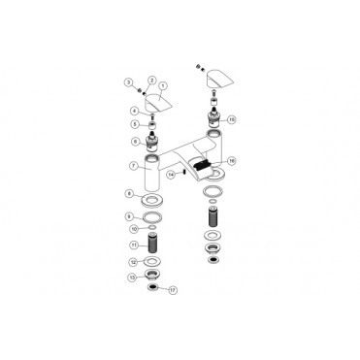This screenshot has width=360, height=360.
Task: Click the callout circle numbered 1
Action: coord(163,84)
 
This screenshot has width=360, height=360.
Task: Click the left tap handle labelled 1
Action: coord(156,102)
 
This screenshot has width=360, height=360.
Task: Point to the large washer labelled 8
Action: coord(153,200)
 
